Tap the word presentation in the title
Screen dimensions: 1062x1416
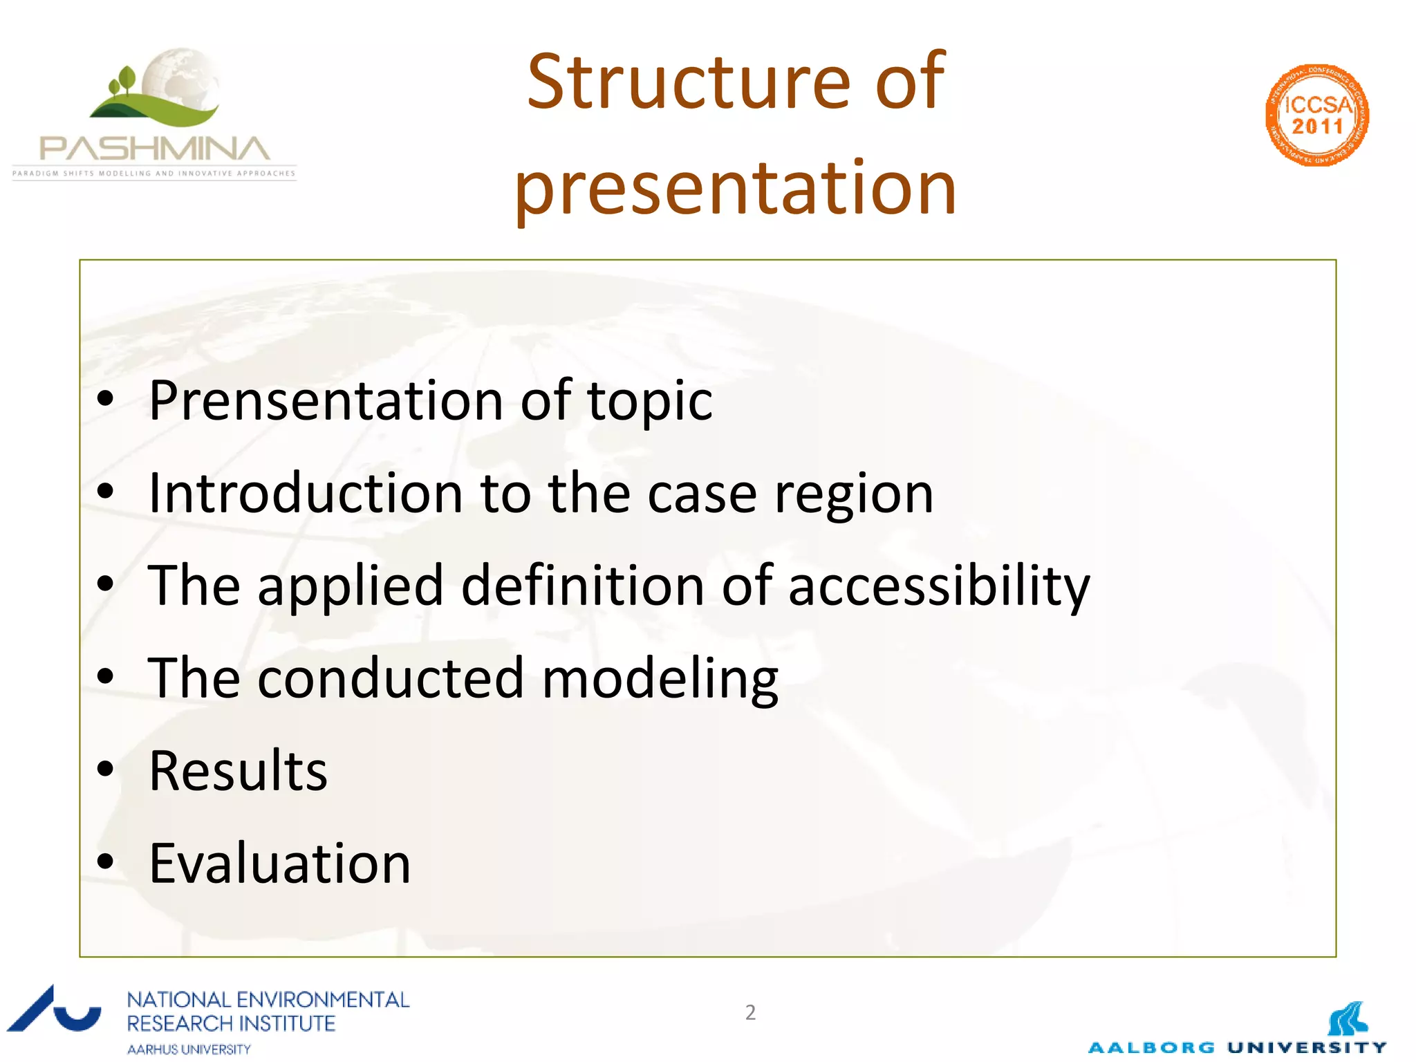click(736, 188)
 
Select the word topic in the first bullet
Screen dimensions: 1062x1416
click(650, 402)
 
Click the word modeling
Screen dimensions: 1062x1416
click(660, 679)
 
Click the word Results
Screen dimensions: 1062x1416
click(238, 771)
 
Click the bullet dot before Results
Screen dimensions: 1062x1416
click(105, 769)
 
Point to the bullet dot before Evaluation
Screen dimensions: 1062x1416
click(105, 861)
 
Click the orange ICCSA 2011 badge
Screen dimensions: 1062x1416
click(1317, 115)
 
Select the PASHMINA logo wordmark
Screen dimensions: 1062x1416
click(154, 149)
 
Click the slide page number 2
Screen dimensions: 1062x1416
click(750, 1012)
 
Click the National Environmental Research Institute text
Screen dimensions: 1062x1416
click(268, 1011)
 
